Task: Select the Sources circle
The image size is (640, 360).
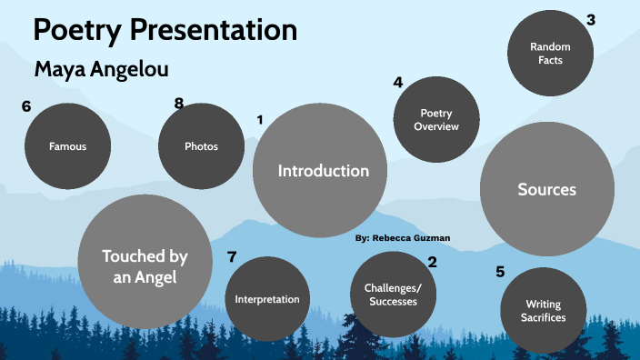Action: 546,190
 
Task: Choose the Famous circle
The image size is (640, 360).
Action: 68,145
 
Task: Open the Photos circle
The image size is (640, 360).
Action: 201,145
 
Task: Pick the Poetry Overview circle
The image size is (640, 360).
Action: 436,120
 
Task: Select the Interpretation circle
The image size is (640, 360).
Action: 267,299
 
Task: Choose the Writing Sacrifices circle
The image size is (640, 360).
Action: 545,311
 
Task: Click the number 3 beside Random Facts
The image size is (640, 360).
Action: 591,20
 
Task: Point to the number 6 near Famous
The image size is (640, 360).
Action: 26,106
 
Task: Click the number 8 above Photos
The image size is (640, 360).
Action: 179,104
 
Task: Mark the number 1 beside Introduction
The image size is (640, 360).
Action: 260,119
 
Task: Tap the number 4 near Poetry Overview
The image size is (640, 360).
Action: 398,82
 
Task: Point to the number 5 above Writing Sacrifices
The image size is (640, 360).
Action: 500,271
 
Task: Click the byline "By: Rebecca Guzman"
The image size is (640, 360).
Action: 402,237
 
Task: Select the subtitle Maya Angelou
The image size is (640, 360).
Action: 101,69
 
